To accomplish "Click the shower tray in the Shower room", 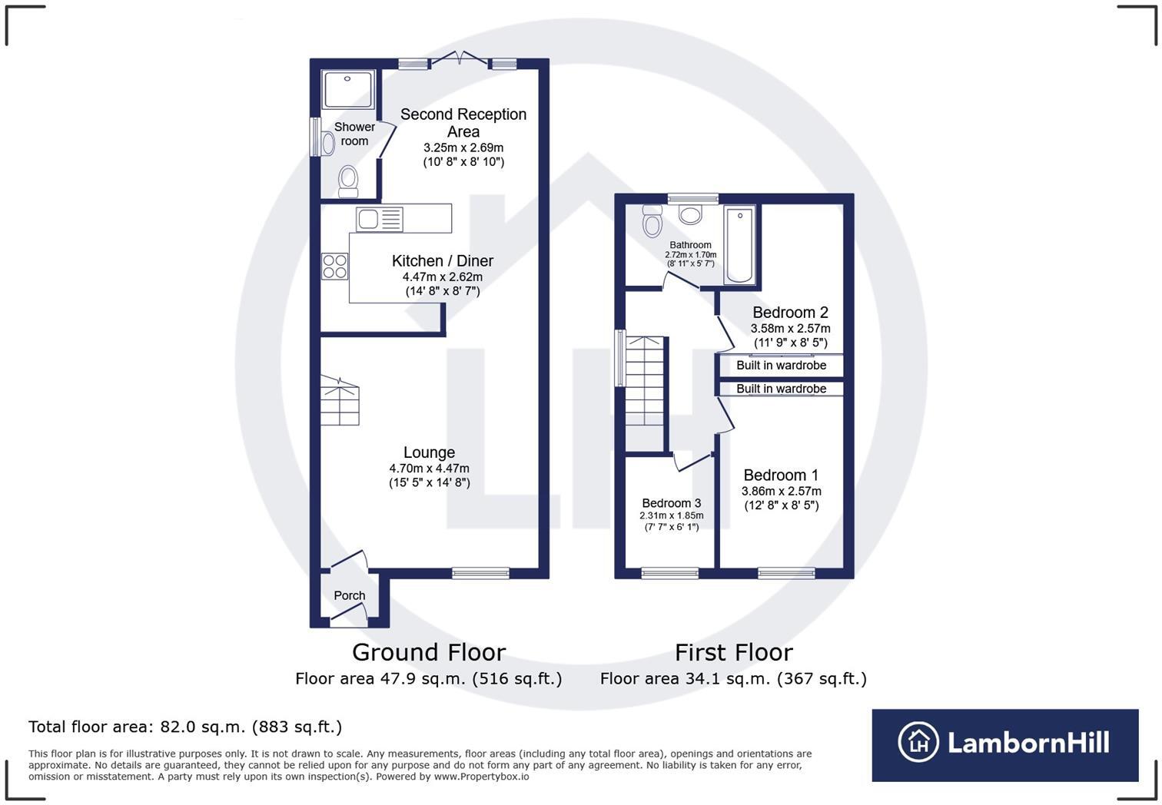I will [349, 89].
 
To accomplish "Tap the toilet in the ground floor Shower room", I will [348, 180].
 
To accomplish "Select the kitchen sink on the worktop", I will [368, 220].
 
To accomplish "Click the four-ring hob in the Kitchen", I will [335, 267].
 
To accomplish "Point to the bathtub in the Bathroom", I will [739, 244].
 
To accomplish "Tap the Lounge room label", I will [429, 452].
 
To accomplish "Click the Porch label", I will [349, 595].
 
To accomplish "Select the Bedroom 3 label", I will [671, 503].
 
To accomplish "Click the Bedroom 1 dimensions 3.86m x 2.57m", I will [781, 492].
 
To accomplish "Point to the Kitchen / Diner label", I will [442, 261].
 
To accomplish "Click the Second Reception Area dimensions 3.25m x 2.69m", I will [463, 147].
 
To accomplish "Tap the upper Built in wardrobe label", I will [781, 366].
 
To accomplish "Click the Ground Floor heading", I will [428, 652].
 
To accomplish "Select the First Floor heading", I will [733, 652].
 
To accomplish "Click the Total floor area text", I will [184, 727].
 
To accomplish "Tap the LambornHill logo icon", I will [918, 742].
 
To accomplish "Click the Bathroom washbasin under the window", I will [690, 215].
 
